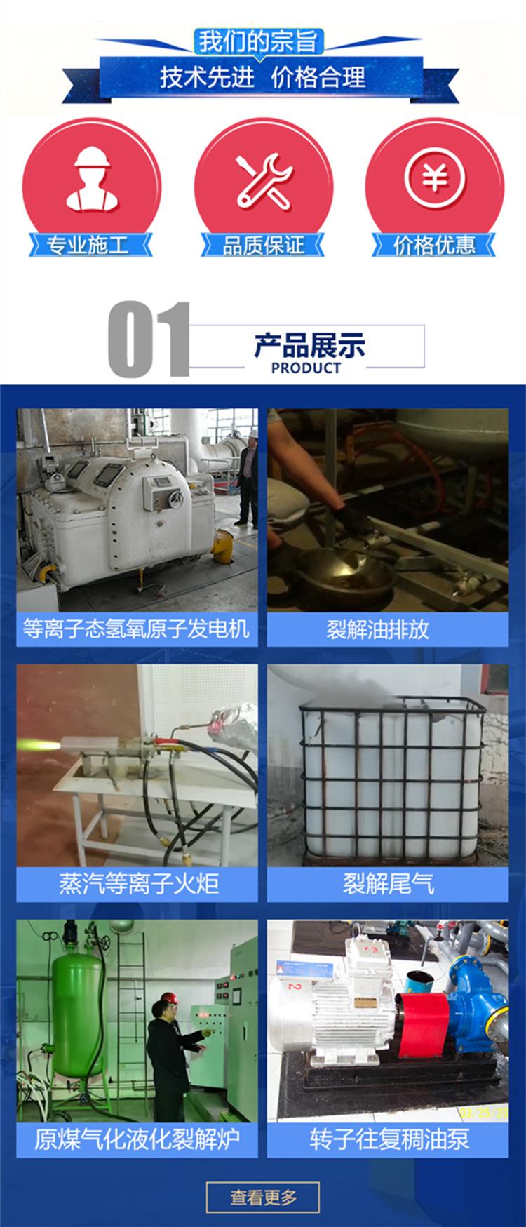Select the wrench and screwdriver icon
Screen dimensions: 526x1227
[264, 180]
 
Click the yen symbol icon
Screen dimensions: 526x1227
[435, 179]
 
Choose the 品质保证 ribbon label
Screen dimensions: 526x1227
[263, 246]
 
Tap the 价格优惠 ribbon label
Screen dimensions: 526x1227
[434, 246]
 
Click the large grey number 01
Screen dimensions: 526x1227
[149, 340]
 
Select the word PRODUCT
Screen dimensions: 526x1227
[306, 368]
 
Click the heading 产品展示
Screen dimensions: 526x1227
[309, 345]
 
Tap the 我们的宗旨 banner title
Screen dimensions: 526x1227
[259, 41]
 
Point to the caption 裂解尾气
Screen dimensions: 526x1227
[388, 883]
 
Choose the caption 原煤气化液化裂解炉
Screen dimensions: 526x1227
[137, 1139]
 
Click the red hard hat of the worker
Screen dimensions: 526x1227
[168, 997]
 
